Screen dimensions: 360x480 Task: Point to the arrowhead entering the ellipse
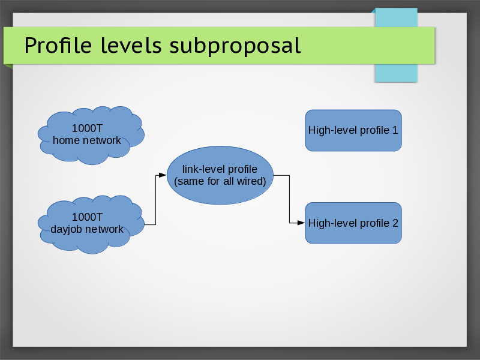tap(162, 175)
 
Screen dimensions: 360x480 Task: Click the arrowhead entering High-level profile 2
tap(301, 223)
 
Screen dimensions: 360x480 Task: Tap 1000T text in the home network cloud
tap(87, 128)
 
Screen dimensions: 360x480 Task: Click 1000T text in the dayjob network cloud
tap(87, 217)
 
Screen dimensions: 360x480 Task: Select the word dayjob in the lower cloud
tap(67, 229)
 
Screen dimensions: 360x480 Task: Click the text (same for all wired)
tap(220, 181)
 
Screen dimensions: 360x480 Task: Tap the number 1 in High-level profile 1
tap(395, 130)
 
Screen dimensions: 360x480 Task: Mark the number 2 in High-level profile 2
tap(395, 223)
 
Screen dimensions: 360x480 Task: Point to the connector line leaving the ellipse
tap(289, 198)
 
